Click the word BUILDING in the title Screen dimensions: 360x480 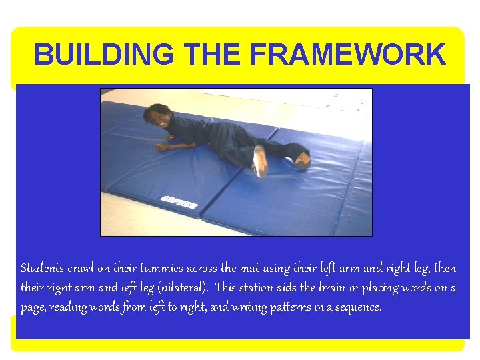pyautogui.click(x=97, y=55)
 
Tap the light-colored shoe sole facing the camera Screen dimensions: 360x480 pyautogui.click(x=259, y=161)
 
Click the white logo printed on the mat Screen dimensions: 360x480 pyautogui.click(x=179, y=203)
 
